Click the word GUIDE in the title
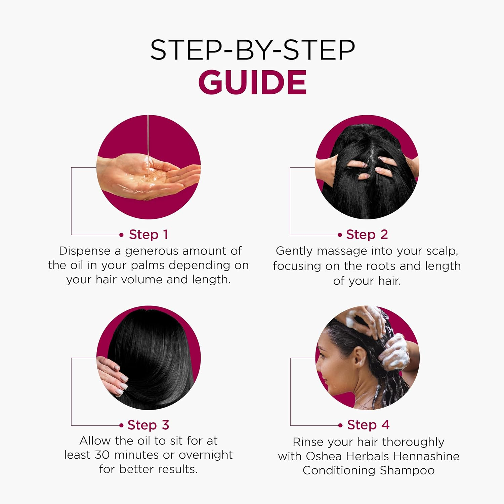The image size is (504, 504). click(252, 82)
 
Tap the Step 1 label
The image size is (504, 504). click(149, 235)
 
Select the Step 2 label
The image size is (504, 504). click(367, 235)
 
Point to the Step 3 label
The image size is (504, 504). click(148, 425)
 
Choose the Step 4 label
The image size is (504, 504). click(368, 425)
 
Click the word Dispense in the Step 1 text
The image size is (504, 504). click(85, 251)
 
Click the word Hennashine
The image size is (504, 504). click(426, 456)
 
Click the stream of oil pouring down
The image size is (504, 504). click(148, 144)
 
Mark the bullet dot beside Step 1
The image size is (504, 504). click(122, 235)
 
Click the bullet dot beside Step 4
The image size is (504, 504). click(340, 425)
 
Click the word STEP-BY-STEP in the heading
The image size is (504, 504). click(252, 50)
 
